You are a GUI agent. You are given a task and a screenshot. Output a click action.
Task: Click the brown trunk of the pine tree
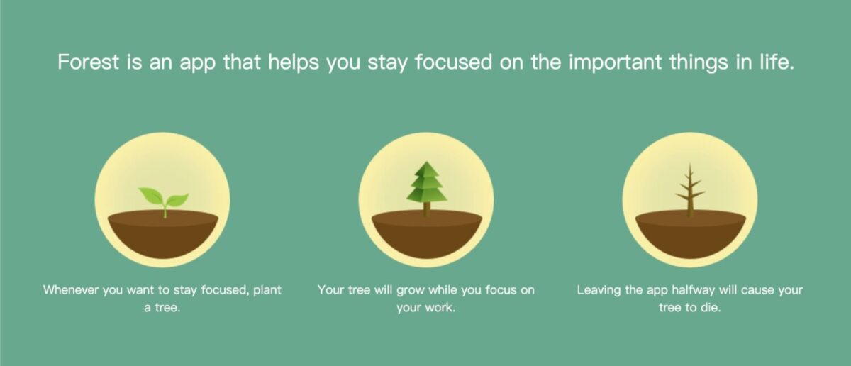click(x=426, y=209)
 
